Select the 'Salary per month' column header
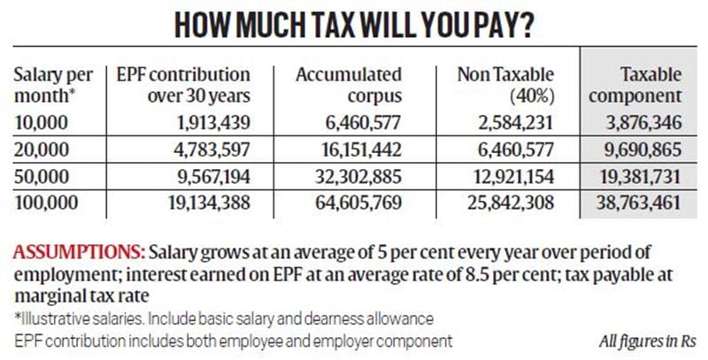point(48,85)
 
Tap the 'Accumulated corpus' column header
point(349,85)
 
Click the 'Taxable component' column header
point(639,85)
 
